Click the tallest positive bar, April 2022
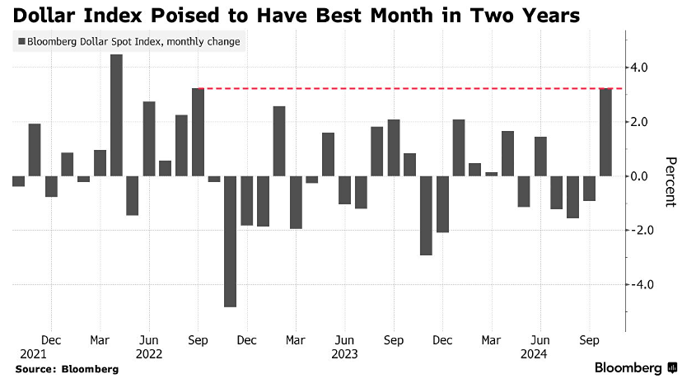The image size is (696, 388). coord(116,115)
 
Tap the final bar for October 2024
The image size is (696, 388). coord(605,132)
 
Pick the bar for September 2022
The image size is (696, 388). coord(198,132)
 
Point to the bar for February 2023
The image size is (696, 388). coord(279,141)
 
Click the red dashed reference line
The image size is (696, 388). coord(404,88)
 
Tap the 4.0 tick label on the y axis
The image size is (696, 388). coord(638,68)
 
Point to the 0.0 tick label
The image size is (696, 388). coord(638,176)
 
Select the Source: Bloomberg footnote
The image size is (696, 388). coord(67,369)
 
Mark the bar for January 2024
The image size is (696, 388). coord(459,148)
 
